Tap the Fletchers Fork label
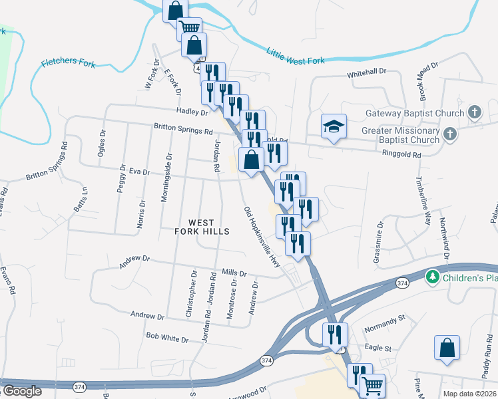[x=69, y=64]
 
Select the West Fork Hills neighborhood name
[x=201, y=227]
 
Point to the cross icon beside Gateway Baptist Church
[x=475, y=112]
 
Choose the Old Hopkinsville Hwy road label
[x=262, y=237]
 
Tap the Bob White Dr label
[x=167, y=338]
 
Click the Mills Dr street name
[x=234, y=273]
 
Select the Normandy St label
[x=385, y=324]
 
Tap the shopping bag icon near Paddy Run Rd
[x=446, y=348]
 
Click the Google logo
[x=22, y=391]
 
